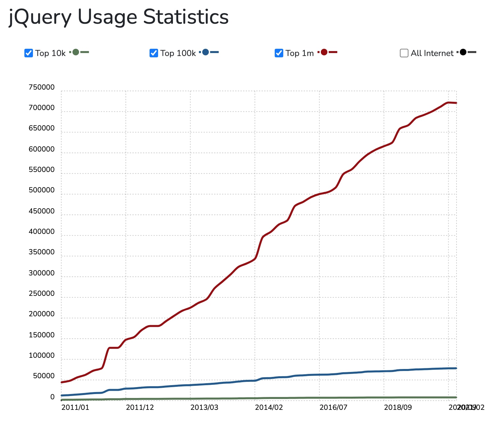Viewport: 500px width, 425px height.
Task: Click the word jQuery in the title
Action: click(x=40, y=17)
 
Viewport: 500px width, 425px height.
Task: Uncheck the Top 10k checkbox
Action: click(x=29, y=53)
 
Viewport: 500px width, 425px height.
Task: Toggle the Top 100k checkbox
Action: click(x=154, y=53)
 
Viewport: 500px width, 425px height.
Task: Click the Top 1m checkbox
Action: click(x=279, y=53)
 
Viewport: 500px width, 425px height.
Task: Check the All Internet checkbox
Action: click(x=404, y=53)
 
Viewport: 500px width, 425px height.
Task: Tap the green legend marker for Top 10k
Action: click(x=76, y=52)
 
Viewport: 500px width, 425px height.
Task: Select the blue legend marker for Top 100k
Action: click(x=206, y=52)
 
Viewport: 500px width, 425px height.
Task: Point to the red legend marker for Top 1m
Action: click(x=324, y=52)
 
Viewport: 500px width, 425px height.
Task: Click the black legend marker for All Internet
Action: click(x=463, y=52)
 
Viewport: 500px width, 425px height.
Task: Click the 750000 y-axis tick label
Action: click(x=42, y=87)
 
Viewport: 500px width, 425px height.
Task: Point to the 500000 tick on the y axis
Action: click(x=42, y=190)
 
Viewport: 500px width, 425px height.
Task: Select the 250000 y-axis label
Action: click(x=42, y=294)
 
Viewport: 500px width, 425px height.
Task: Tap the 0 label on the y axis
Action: click(x=52, y=397)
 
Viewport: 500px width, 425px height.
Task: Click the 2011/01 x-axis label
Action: click(x=75, y=408)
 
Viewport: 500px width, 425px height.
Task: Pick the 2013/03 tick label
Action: click(x=204, y=408)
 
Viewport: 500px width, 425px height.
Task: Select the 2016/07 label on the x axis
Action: click(x=333, y=408)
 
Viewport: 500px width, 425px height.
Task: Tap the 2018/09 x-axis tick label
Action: click(x=398, y=408)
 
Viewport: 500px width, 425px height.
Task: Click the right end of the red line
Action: click(x=456, y=103)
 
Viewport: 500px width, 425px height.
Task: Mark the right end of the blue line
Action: click(x=456, y=368)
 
